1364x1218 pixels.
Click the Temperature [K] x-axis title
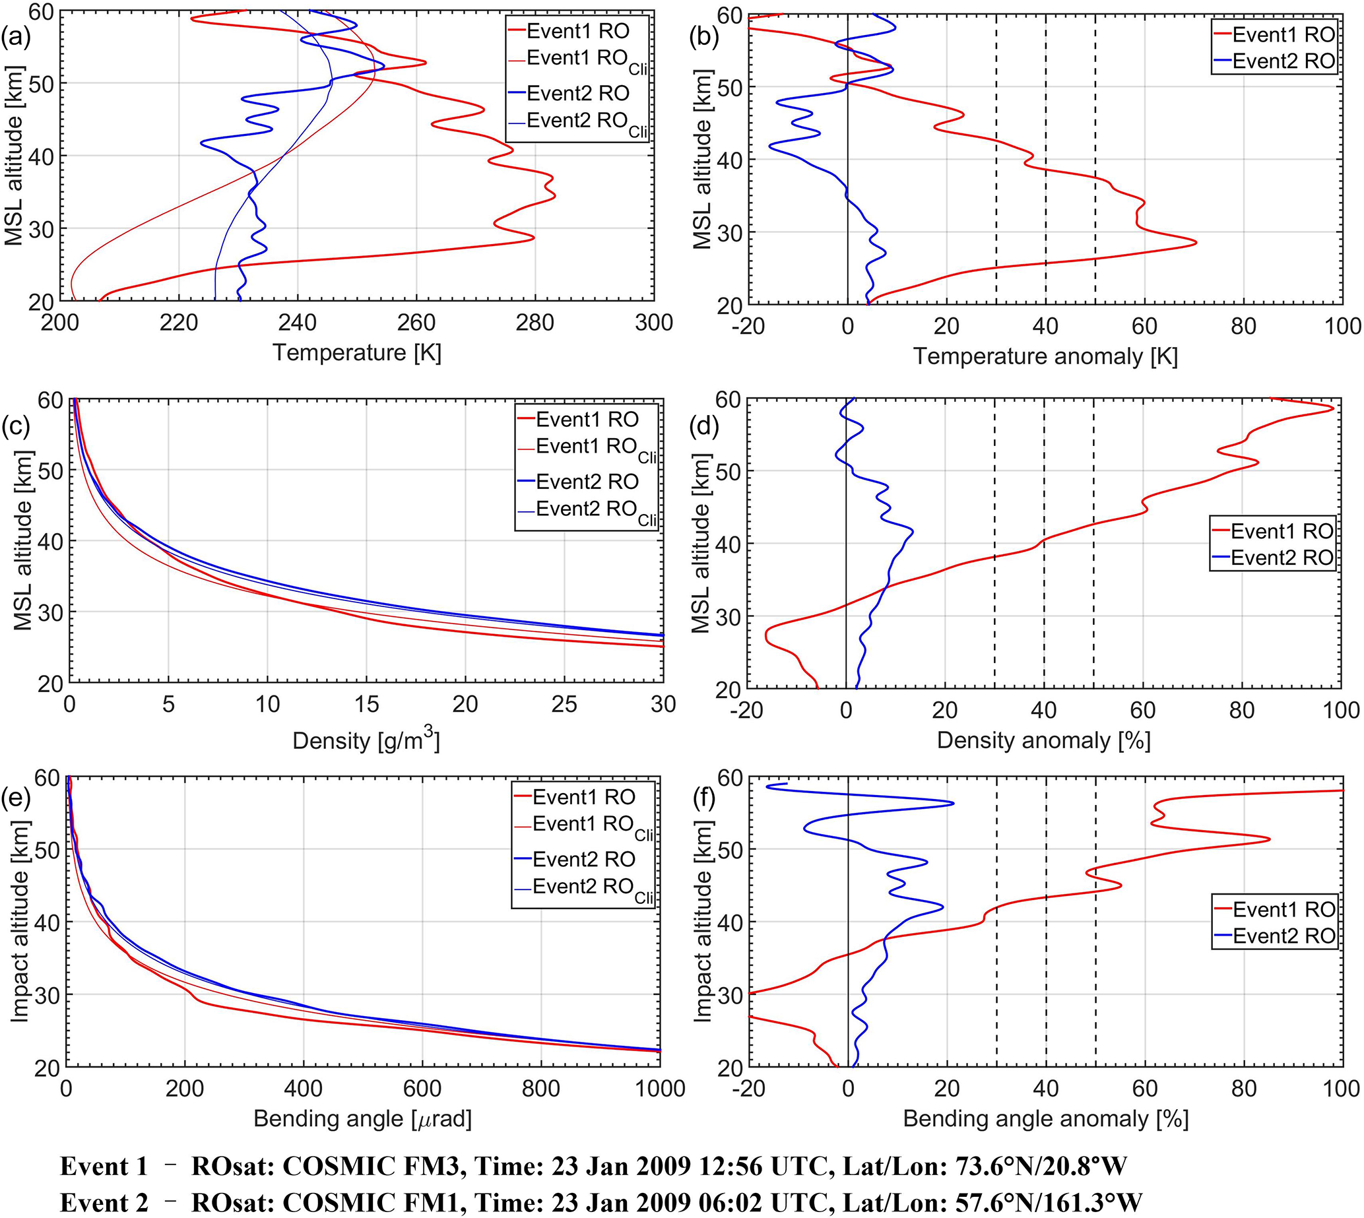click(x=357, y=353)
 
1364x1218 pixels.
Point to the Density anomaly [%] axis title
click(x=1043, y=740)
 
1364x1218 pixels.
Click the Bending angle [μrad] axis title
click(x=363, y=1119)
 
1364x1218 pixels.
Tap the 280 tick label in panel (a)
click(x=535, y=323)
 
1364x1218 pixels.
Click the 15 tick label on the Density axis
click(x=366, y=705)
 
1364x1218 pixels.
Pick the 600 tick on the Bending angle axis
click(x=422, y=1089)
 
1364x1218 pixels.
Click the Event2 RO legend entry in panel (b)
click(x=1283, y=61)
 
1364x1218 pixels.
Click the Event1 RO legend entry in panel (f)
click(x=1283, y=909)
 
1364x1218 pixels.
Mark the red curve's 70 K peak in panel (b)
click(x=1195, y=242)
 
